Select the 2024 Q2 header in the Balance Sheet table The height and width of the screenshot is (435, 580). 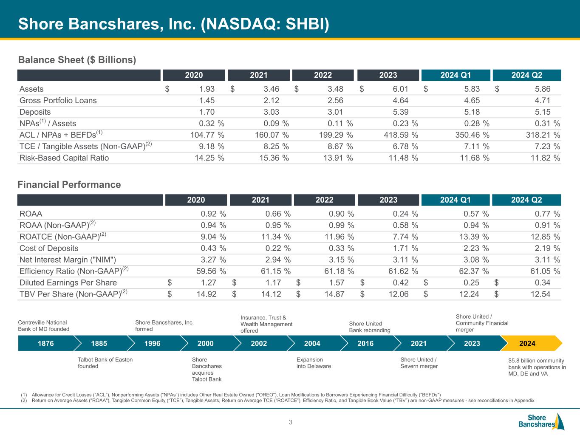pyautogui.click(x=526, y=75)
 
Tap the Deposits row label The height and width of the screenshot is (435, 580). pyautogui.click(x=35, y=112)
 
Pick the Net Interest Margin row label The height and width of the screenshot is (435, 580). pyautogui.click(x=68, y=260)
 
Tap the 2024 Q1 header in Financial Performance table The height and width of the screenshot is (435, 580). pyautogui.click(x=455, y=200)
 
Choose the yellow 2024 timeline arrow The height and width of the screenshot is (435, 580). pyautogui.click(x=529, y=343)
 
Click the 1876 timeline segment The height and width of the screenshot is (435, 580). pyautogui.click(x=46, y=343)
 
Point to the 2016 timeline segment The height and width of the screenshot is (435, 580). pyautogui.click(x=365, y=343)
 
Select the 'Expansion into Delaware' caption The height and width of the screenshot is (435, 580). pyautogui.click(x=314, y=363)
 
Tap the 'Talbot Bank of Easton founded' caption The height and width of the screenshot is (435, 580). pyautogui.click(x=105, y=363)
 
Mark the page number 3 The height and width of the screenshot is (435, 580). pyautogui.click(x=291, y=422)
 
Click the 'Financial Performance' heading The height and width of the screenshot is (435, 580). pyautogui.click(x=69, y=184)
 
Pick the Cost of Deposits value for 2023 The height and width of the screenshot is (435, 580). pyautogui.click(x=403, y=249)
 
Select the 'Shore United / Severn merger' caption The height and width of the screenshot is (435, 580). pyautogui.click(x=419, y=363)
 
